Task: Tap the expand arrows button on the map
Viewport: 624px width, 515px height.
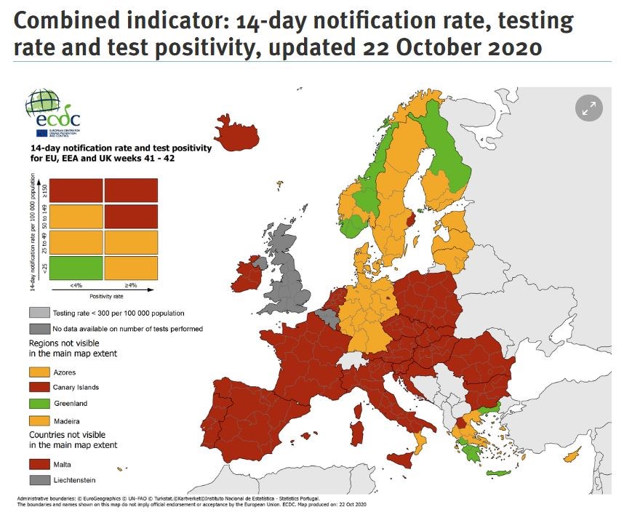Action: tap(589, 109)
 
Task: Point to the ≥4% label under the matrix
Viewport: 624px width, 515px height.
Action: tap(131, 286)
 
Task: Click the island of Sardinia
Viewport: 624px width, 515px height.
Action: tap(357, 431)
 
